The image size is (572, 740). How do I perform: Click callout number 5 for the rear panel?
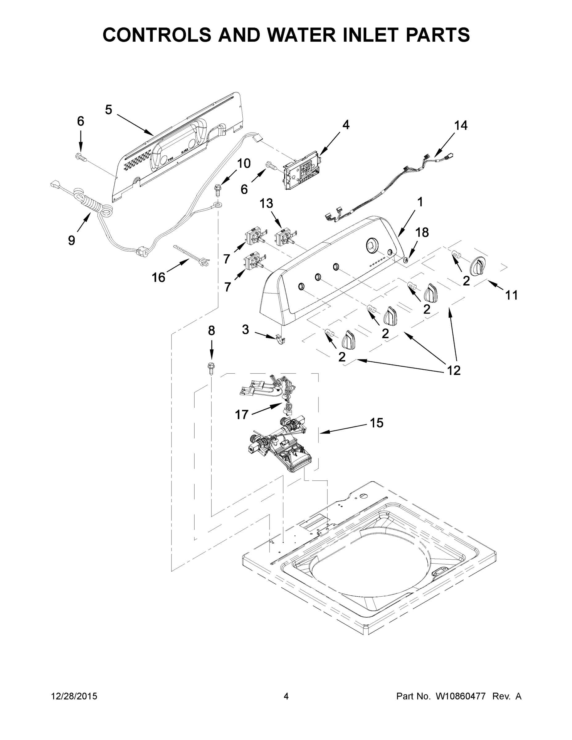click(109, 110)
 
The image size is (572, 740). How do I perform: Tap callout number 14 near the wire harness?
click(461, 125)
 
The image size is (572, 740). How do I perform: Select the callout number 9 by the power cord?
click(72, 240)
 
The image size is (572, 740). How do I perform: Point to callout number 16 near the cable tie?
click(158, 277)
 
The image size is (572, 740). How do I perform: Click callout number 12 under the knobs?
click(454, 370)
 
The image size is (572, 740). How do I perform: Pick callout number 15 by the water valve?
click(377, 422)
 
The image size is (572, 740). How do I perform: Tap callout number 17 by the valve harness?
click(242, 414)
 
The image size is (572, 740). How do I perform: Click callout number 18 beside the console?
click(422, 232)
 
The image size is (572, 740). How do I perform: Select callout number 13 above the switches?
click(266, 203)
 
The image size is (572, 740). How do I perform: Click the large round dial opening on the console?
click(372, 245)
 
